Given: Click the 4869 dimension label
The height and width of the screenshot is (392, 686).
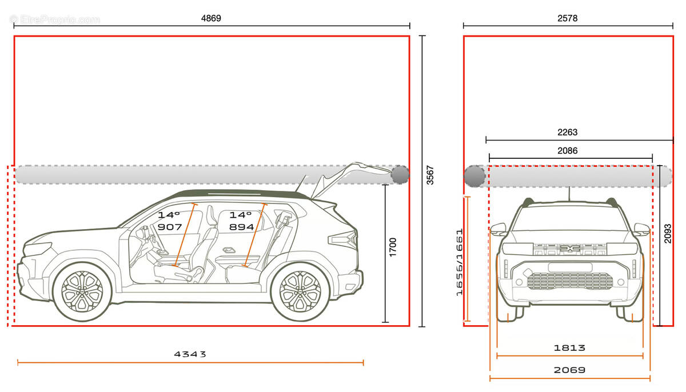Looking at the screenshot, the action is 211,18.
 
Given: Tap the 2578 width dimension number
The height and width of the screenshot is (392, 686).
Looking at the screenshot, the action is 568,18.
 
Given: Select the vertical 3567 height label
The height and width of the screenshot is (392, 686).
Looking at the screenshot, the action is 430,175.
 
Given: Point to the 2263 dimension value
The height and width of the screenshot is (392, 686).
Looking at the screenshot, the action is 568,132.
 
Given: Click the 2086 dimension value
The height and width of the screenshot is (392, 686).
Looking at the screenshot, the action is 568,150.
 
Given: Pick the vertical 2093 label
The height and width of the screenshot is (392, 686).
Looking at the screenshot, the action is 668,234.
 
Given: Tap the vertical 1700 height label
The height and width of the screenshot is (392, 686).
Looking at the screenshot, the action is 393,247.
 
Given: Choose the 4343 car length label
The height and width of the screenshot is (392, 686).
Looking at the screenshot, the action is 190,354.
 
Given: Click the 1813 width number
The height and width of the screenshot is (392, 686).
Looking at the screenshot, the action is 569,347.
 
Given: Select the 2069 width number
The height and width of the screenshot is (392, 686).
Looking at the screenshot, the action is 569,370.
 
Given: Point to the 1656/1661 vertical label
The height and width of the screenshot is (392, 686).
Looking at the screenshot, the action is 460,262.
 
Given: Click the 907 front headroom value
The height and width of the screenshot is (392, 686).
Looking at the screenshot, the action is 170,227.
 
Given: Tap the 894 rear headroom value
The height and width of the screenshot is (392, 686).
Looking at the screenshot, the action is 242,227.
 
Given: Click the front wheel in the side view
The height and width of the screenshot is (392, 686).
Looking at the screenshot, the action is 82,292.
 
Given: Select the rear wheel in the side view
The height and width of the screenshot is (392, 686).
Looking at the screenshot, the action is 301,291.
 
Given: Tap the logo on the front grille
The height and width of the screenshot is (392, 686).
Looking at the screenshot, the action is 570,249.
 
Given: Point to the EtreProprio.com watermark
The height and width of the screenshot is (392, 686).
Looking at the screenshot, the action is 55,19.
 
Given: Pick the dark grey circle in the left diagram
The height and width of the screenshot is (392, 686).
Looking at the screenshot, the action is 400,175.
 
